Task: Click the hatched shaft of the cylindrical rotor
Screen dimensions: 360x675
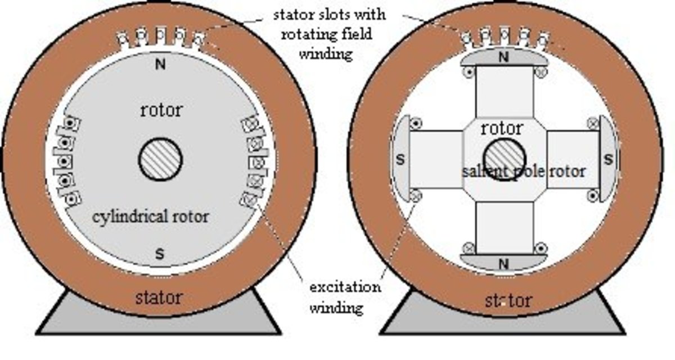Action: pos(160,160)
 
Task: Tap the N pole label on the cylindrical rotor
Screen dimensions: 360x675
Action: pos(160,63)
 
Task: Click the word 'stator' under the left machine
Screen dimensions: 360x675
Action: pos(159,296)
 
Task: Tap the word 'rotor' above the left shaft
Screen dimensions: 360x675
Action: pos(161,110)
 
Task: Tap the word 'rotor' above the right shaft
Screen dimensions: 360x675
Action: pos(502,128)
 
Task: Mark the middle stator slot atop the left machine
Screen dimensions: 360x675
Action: pos(160,35)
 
